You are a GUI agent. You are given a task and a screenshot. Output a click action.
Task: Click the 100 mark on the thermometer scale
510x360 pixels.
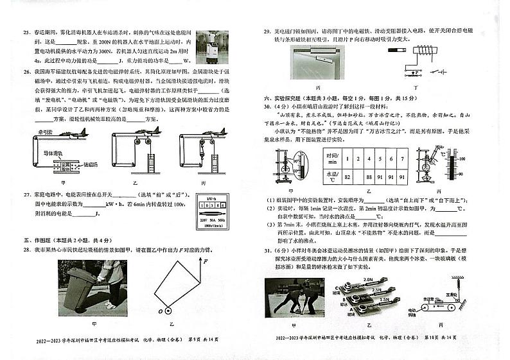[x=462, y=157]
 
